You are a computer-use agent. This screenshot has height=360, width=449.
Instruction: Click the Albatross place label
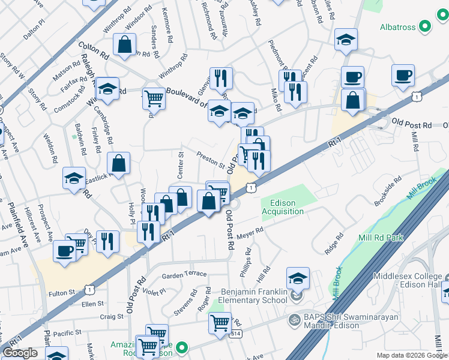[399, 27]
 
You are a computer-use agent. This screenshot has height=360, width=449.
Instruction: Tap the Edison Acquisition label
[283, 207]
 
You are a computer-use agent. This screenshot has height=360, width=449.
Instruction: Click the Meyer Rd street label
[250, 232]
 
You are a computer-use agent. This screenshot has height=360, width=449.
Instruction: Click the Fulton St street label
[61, 292]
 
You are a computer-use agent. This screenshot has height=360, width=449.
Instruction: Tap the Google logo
[20, 353]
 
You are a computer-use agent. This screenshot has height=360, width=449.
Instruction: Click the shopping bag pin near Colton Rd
[124, 44]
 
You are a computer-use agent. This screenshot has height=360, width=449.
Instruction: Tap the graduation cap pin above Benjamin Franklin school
[298, 278]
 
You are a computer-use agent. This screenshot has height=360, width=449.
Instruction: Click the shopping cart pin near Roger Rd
[220, 322]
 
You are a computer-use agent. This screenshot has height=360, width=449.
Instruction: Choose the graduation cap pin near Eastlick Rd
[74, 178]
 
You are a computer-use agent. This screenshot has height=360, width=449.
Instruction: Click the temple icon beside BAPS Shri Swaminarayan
[294, 319]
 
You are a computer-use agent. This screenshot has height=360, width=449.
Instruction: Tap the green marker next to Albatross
[425, 26]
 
